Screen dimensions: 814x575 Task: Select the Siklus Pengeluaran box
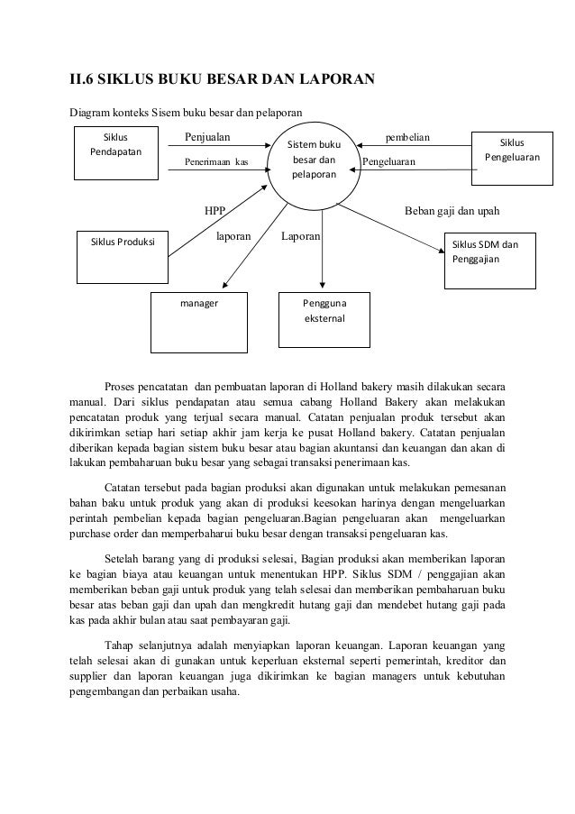point(513,159)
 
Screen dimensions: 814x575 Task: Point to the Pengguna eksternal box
point(324,320)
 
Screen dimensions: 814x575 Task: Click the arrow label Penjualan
point(207,138)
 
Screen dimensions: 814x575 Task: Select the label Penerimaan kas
point(216,163)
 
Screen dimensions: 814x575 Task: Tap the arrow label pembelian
point(407,138)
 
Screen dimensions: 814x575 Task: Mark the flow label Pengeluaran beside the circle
point(388,163)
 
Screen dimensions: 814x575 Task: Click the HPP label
point(214,211)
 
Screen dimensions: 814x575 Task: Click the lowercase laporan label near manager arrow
point(233,236)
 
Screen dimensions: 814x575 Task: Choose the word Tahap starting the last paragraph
point(122,645)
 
